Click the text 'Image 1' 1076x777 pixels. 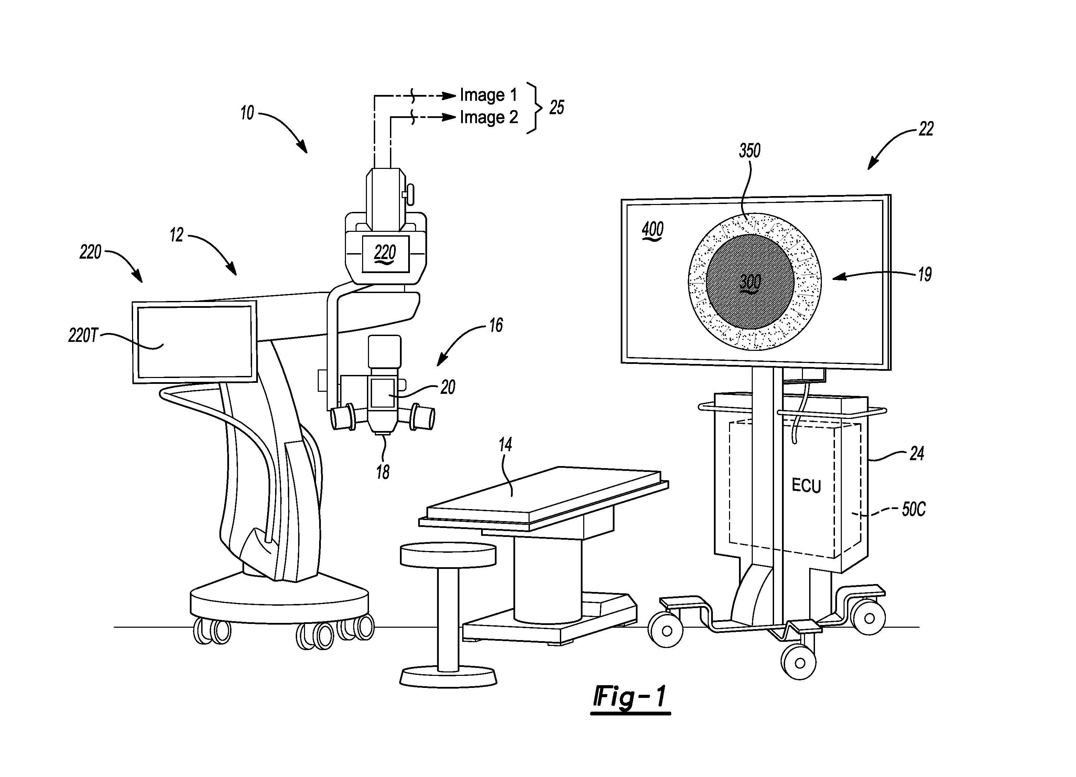point(488,95)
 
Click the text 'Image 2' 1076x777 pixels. point(489,118)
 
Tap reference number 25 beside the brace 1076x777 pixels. point(556,108)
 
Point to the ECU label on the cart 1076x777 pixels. point(806,486)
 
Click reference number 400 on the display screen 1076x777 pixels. point(653,230)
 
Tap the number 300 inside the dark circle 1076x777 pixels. point(751,282)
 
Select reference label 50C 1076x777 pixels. point(913,509)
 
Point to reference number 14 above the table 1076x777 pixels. point(505,445)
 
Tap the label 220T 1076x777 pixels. point(83,336)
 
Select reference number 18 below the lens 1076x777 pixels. point(383,472)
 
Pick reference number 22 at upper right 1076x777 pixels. point(926,129)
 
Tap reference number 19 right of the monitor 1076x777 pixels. point(925,274)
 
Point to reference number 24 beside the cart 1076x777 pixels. point(916,454)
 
